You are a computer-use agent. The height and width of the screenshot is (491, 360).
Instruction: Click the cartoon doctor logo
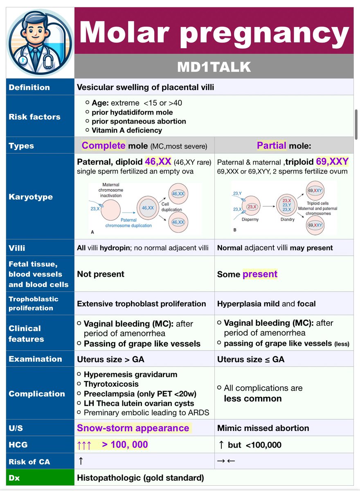(40, 42)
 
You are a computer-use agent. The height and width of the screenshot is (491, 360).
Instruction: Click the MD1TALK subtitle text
(214, 67)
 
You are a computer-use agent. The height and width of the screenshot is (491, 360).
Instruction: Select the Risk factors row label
(34, 117)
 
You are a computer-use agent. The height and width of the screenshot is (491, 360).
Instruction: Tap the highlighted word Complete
(103, 146)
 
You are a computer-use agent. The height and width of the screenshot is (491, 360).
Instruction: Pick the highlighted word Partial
(272, 146)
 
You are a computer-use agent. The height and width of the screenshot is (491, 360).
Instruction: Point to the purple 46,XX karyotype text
(158, 162)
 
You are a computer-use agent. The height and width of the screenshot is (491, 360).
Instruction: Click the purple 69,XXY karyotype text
(332, 162)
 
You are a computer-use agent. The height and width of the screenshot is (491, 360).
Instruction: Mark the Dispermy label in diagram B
(250, 219)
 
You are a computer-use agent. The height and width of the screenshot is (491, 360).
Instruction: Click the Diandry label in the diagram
(288, 219)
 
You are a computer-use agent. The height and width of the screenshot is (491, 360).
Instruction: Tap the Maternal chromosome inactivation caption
(110, 190)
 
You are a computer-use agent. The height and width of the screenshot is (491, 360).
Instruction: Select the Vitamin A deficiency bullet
(127, 131)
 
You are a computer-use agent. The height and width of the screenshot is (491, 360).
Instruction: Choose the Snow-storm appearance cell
(133, 428)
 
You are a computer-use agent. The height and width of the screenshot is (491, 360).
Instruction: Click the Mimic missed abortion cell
(263, 428)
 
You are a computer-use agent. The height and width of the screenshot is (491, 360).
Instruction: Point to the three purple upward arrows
(84, 445)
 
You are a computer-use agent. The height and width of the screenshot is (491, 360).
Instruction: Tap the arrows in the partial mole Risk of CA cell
(226, 461)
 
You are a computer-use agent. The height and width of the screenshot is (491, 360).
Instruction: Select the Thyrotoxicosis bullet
(111, 384)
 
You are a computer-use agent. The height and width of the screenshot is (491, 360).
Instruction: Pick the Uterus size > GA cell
(110, 360)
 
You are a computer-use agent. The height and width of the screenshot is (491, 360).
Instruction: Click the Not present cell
(101, 274)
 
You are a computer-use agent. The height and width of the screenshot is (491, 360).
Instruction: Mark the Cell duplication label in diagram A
(171, 207)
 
